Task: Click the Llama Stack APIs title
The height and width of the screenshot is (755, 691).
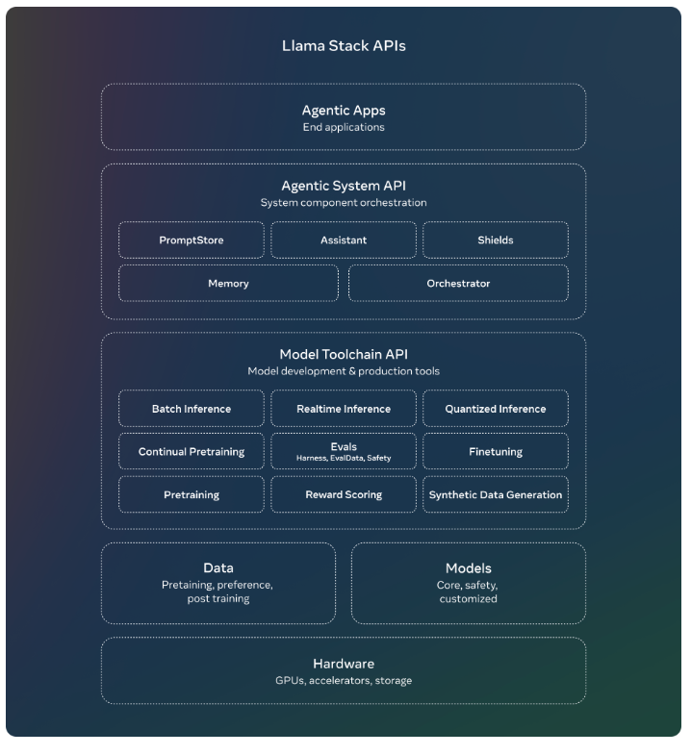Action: pos(344,46)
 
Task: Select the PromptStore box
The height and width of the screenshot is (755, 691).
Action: pos(191,240)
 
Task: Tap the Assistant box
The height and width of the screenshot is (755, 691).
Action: pos(344,240)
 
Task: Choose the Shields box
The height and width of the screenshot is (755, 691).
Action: pos(496,240)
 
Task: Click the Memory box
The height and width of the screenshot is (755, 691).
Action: pos(228,284)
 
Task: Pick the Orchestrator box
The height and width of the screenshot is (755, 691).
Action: pos(458,284)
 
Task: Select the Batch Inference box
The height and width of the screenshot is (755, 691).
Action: pos(191,409)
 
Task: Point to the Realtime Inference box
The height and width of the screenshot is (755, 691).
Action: pos(344,409)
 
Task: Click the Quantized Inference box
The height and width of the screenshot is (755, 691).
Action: pos(496,409)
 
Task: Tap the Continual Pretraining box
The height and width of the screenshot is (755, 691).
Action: pos(191,451)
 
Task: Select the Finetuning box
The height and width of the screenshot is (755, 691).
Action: pos(496,451)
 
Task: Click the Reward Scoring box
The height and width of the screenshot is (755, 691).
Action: pos(344,494)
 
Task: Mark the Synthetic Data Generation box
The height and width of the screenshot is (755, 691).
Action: pos(496,494)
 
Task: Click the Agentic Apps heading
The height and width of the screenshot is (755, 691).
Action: pos(344,111)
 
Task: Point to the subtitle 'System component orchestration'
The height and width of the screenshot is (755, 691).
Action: pos(344,203)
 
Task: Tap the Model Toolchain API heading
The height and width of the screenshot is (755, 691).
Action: pos(344,355)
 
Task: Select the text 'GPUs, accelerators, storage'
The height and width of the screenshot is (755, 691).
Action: pos(344,681)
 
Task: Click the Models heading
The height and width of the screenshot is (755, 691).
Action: pos(469,568)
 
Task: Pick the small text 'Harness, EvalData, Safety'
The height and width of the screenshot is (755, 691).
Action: pos(344,458)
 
